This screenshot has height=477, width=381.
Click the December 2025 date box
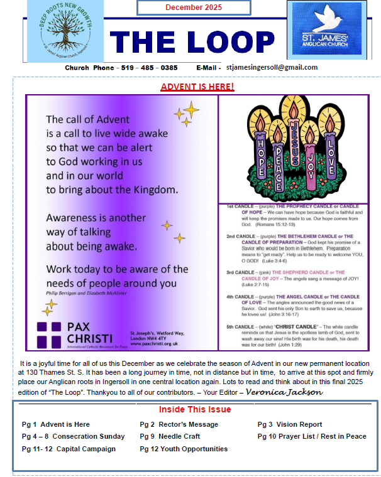[x=193, y=8]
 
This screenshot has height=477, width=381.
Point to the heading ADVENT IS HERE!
[x=197, y=87]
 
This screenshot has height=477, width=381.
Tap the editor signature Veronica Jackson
[x=284, y=392]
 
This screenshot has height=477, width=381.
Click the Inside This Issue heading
[x=195, y=409]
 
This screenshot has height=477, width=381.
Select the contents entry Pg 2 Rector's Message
[x=179, y=424]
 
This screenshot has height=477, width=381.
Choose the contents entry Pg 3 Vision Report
[x=289, y=424]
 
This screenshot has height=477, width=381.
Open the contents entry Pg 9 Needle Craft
[x=170, y=436]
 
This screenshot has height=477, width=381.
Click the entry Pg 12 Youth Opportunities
[x=184, y=449]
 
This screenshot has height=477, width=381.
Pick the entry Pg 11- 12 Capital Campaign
[x=69, y=449]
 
